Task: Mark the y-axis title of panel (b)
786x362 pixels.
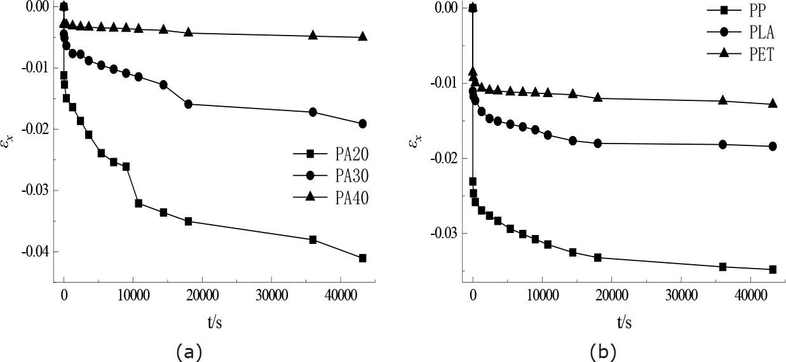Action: click(x=414, y=141)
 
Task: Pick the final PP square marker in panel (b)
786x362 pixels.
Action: click(x=773, y=269)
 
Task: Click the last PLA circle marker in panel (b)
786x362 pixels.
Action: click(x=773, y=146)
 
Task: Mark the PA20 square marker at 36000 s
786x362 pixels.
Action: click(x=313, y=239)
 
